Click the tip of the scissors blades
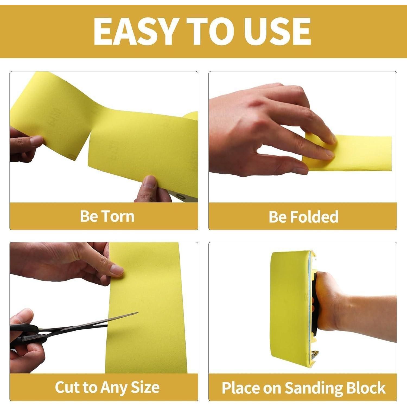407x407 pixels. point(138,313)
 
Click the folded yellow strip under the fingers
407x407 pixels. point(350,153)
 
